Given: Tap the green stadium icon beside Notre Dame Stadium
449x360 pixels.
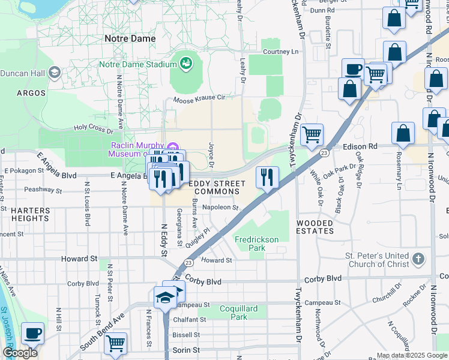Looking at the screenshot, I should coord(185,63).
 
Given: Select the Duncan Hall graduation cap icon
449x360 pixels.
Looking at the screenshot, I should coord(55,73).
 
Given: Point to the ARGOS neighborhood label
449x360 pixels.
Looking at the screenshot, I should coord(31,93).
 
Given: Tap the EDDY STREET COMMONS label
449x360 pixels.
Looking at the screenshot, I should coord(217,187).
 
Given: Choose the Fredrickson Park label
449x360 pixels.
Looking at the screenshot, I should coord(256,244).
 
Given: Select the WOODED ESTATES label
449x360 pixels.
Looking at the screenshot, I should coord(315,227).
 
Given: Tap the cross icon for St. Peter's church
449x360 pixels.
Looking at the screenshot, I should coord(418,260).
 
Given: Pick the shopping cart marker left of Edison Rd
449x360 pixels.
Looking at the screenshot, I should coord(312,135).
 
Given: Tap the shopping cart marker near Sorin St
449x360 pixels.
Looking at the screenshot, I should coord(115,344).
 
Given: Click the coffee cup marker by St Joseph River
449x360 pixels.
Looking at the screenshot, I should coord(32,334).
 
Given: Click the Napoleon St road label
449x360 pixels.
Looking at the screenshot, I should coord(221,208).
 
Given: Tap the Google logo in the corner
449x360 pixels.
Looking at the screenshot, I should coord(20,353).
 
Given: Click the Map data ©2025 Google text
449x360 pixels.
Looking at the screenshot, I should coord(411,355).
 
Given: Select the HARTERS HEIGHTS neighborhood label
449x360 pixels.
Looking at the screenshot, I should coord(30,214).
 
